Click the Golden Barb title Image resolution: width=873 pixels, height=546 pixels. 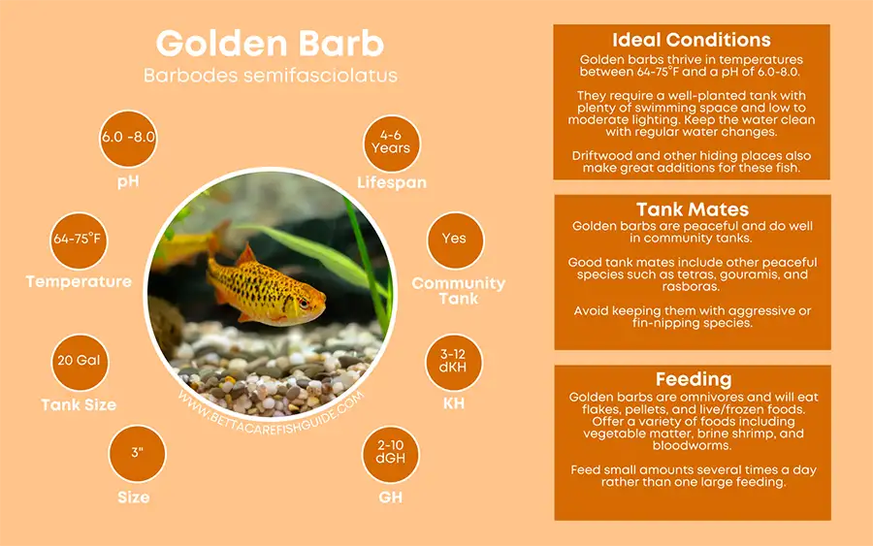coord(270,44)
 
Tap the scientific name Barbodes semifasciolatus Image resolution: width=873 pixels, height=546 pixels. coord(270,76)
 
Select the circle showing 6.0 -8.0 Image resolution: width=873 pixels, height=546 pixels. coord(128,138)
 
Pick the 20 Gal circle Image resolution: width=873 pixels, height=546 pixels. coord(79,361)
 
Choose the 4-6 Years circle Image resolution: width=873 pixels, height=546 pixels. coord(390,143)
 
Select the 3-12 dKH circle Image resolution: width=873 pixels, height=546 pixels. coord(453,361)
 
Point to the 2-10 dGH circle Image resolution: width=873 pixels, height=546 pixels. coord(391,453)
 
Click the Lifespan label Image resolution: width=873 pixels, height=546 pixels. coord(391,183)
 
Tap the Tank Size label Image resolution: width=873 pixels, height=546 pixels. coord(79,404)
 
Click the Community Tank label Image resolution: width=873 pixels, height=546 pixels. coord(458,291)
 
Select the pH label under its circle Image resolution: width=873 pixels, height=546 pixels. coord(128,181)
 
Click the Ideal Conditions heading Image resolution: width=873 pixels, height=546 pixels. coord(692,41)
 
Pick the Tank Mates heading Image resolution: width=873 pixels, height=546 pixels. coord(692,209)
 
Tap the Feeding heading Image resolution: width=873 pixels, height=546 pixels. coord(692,379)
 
